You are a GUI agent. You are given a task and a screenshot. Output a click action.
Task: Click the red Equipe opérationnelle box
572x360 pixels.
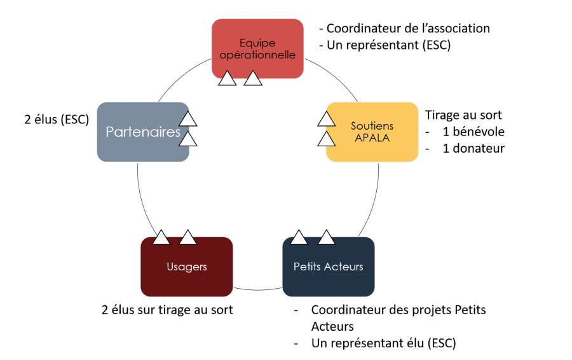[x=257, y=48]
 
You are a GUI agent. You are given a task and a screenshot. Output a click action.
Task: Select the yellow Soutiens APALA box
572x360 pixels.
[x=372, y=132]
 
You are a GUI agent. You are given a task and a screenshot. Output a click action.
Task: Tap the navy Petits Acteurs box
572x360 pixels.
[x=328, y=267]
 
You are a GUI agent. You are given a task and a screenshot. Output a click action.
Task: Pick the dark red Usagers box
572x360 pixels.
[x=186, y=267]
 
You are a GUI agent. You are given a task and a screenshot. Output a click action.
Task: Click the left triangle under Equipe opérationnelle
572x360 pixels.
[x=227, y=79]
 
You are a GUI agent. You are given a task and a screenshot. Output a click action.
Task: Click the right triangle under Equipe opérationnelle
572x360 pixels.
[x=253, y=79]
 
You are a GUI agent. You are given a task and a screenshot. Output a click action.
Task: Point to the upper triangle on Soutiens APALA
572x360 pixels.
[x=326, y=119]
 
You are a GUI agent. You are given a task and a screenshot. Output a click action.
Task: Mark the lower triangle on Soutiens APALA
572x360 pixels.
[x=326, y=139]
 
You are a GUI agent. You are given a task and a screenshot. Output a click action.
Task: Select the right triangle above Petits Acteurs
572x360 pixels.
[x=326, y=238]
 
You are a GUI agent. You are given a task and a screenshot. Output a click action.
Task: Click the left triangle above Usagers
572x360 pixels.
[x=161, y=238]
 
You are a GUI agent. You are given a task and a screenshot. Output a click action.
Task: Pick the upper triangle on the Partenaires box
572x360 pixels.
[x=187, y=119]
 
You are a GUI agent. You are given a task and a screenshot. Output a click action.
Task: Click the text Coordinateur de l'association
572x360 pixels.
[x=404, y=29]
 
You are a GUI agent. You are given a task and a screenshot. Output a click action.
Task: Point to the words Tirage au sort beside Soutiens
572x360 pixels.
[x=463, y=115]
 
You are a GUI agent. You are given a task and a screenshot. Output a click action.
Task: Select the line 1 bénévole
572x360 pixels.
[x=473, y=132]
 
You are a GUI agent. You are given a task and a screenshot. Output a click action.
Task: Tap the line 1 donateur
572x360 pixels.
[x=473, y=148]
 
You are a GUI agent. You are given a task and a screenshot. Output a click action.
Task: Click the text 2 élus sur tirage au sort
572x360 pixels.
[x=167, y=310]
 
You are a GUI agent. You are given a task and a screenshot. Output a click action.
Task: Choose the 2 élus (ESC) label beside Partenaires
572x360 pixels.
[x=55, y=119]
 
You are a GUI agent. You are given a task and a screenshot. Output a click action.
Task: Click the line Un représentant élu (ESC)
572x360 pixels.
[x=383, y=343]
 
